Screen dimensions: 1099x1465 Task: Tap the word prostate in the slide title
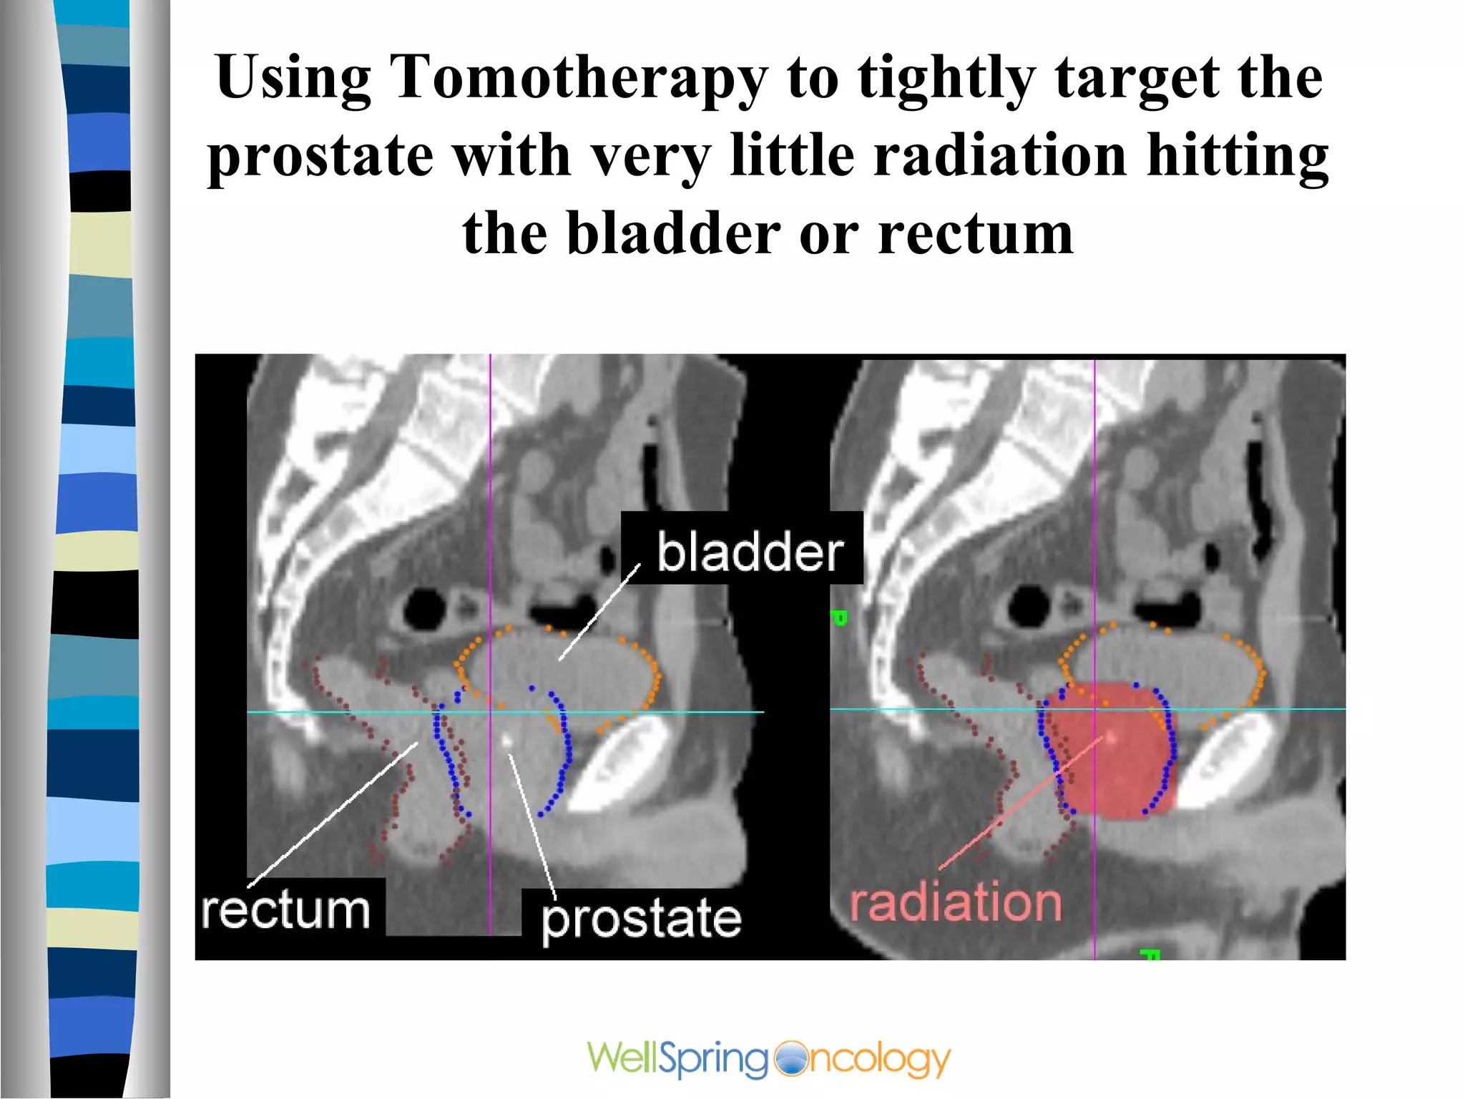click(320, 156)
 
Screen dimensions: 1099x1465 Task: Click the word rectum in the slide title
click(976, 234)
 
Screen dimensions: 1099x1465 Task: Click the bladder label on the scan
click(750, 552)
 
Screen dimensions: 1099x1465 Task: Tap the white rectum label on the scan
click(285, 910)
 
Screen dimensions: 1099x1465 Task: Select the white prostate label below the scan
click(641, 919)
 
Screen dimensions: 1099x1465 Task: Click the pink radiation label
click(956, 903)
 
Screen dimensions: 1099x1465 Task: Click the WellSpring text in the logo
click(677, 1058)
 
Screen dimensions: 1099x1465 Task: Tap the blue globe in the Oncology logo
click(790, 1058)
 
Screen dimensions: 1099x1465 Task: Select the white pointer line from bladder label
click(599, 612)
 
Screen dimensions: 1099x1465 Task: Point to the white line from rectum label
click(333, 812)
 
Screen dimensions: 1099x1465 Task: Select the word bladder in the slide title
click(673, 234)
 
